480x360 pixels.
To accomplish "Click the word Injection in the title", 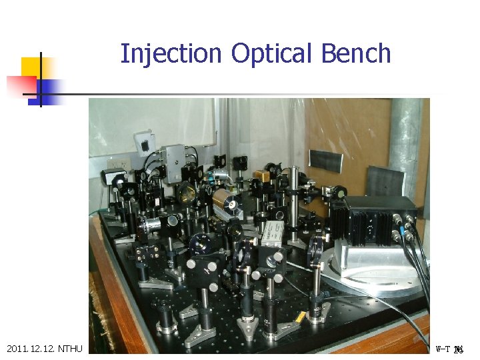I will coord(171,53).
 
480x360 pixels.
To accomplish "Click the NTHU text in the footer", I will coord(70,349).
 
